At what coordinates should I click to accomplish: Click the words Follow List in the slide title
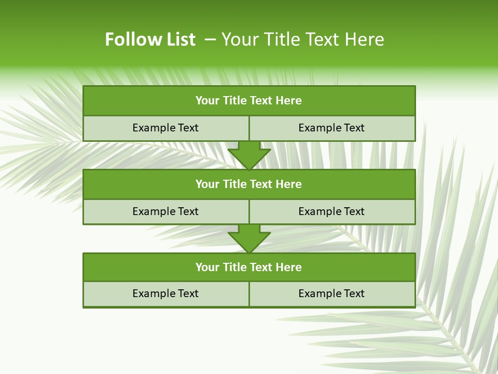tap(150, 39)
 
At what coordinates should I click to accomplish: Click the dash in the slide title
tap(210, 39)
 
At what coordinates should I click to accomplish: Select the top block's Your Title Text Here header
tap(249, 101)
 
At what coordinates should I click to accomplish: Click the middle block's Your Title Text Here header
tap(249, 184)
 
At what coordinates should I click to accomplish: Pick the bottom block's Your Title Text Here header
tap(249, 268)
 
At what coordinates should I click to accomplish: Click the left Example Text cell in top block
tap(165, 128)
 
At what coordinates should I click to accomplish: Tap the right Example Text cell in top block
tap(331, 128)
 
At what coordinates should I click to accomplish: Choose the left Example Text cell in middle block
tap(165, 211)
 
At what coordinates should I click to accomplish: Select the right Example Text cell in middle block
tap(331, 211)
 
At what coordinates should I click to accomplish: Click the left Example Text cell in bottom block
tap(165, 293)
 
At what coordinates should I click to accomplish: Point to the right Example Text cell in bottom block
tap(331, 293)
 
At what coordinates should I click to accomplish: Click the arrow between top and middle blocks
tap(249, 155)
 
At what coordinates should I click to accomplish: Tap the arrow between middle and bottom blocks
tap(249, 238)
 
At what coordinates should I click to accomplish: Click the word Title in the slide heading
tap(279, 39)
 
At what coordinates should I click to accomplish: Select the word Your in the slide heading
tap(239, 39)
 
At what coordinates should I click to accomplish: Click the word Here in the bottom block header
tap(288, 268)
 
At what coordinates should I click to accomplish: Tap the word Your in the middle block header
tap(208, 184)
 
